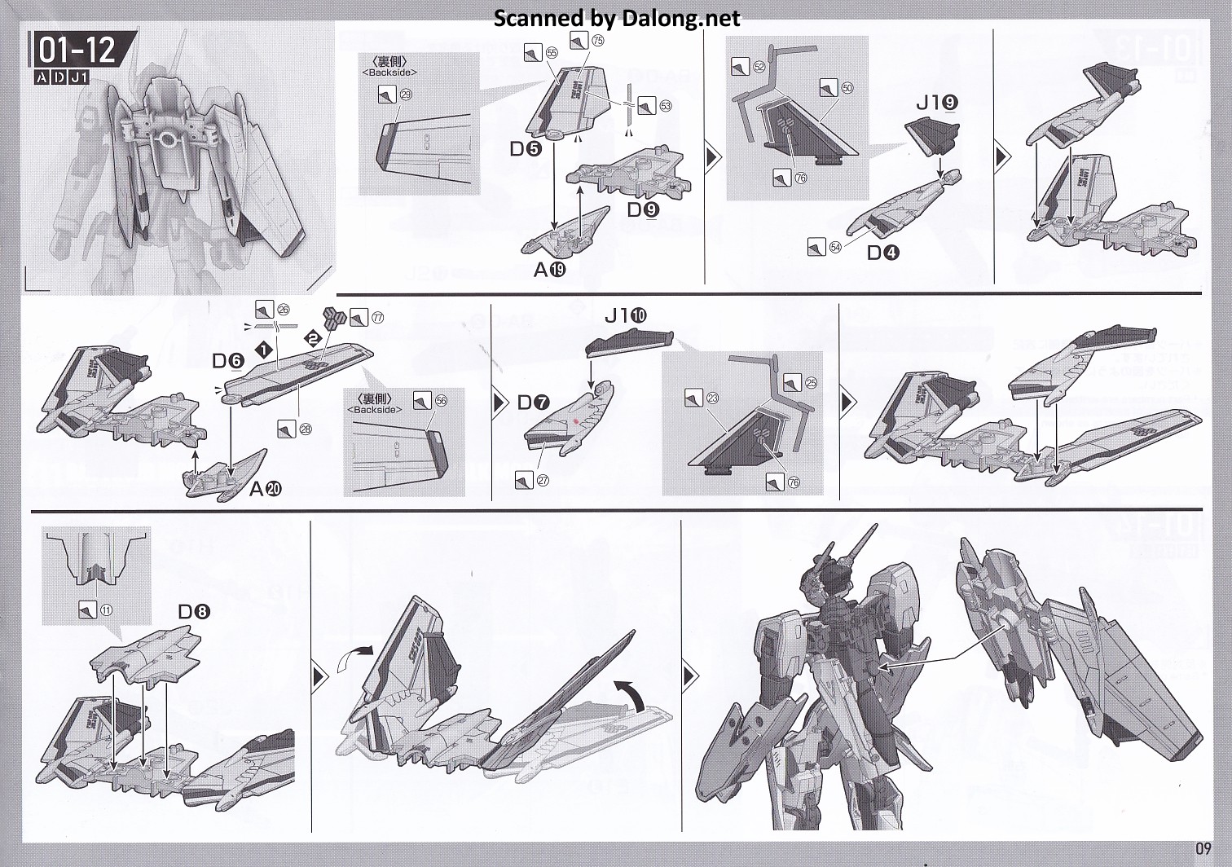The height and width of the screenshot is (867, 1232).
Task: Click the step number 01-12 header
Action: click(x=77, y=51)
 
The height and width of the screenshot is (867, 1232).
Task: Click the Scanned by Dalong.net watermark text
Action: click(x=617, y=18)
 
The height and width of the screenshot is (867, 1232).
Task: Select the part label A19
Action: click(x=549, y=271)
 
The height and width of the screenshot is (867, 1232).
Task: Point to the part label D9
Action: click(x=644, y=209)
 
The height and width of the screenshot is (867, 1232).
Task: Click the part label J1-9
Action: click(x=936, y=103)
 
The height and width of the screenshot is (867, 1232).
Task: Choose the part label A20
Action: click(x=266, y=489)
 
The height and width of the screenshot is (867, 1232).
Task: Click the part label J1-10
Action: click(x=626, y=315)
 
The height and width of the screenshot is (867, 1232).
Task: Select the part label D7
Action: click(x=534, y=403)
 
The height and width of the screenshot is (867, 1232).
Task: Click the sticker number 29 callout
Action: click(x=406, y=95)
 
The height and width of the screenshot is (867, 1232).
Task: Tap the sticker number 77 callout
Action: click(x=376, y=318)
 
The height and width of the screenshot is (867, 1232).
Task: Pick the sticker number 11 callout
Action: click(x=107, y=610)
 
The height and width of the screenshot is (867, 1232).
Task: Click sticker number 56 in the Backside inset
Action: click(x=441, y=401)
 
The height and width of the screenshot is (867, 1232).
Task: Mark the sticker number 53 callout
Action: click(x=665, y=106)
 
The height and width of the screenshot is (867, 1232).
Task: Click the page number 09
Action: click(x=1204, y=847)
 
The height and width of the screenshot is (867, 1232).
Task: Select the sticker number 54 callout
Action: click(x=834, y=246)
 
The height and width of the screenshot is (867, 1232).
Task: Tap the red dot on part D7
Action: click(x=575, y=421)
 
